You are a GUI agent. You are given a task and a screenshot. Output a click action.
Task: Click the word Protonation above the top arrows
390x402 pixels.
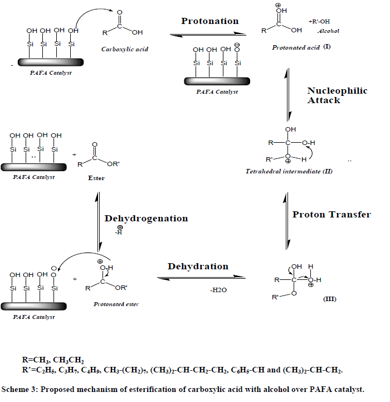tap(209, 21)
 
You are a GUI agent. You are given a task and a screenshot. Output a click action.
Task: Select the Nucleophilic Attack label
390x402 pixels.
tap(337, 95)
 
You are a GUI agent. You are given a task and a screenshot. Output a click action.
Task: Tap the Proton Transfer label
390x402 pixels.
tap(331, 215)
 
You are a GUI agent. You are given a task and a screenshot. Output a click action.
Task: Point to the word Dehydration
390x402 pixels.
tap(198, 267)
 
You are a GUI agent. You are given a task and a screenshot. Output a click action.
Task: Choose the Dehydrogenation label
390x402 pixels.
tap(146, 219)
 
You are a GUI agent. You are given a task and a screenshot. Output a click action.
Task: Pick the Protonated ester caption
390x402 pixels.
tap(116, 304)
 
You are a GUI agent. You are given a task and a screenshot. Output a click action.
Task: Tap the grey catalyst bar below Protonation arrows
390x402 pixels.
tap(211, 81)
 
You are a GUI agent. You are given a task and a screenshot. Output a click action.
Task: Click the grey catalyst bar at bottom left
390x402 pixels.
tap(34, 306)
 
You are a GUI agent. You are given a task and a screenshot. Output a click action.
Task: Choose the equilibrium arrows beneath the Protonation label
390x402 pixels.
tap(209, 34)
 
